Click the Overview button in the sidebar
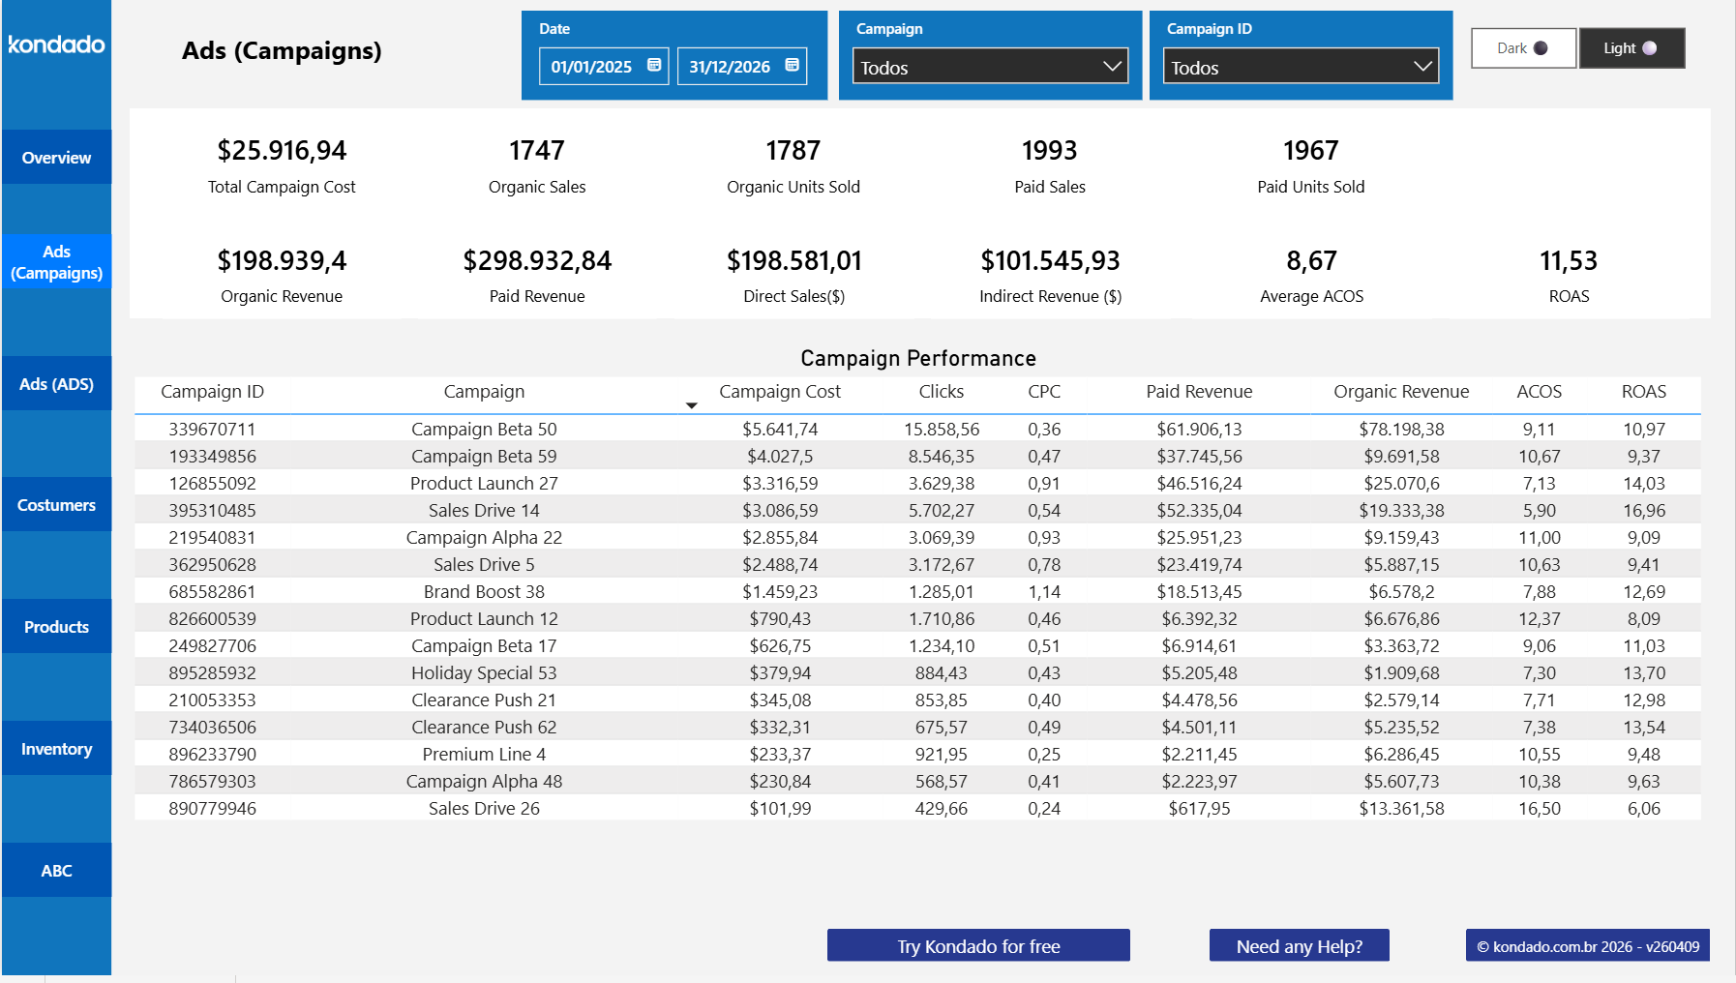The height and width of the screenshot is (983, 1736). pos(56,158)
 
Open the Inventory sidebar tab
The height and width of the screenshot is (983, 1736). pos(56,749)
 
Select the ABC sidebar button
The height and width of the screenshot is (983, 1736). pos(56,871)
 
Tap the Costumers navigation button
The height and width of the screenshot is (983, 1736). pos(56,505)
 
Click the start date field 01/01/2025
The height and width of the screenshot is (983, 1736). pos(591,67)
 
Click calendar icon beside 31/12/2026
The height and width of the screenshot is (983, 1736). pos(792,65)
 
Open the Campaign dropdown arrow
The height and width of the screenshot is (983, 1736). pos(1112,67)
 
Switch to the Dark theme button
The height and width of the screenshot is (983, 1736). pos(1523,48)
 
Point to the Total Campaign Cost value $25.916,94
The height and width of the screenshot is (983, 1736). pos(282,151)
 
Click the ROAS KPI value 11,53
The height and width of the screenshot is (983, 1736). pos(1568,261)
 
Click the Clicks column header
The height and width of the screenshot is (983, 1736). pos(941,392)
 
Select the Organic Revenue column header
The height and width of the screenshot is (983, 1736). pos(1400,392)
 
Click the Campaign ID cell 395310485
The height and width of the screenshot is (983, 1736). pos(212,511)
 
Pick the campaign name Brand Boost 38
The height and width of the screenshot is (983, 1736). pos(484,592)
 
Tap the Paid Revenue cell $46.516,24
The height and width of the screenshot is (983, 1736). pos(1199,484)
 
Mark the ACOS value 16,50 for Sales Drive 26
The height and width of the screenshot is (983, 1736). pos(1539,809)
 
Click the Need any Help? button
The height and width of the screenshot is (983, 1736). pos(1299,946)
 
